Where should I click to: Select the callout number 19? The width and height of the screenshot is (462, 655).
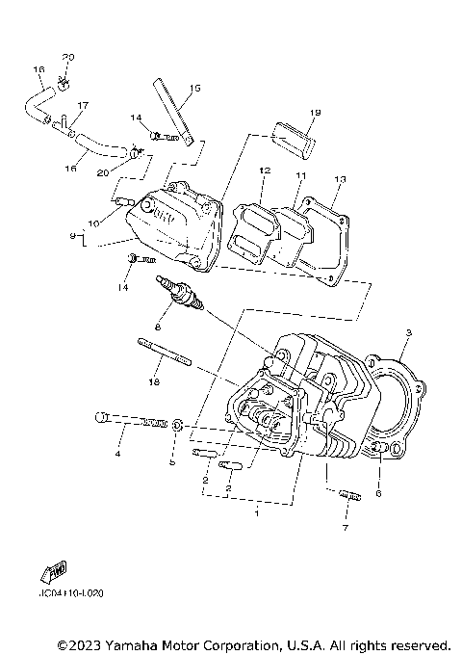tap(287, 113)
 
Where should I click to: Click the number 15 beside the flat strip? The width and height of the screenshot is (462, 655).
tap(195, 89)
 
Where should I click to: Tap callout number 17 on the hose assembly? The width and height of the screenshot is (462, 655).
tap(82, 106)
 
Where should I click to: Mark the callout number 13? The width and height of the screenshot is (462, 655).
tap(339, 180)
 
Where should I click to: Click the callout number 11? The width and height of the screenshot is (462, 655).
tap(299, 176)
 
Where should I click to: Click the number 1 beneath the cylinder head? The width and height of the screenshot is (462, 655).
tap(255, 514)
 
